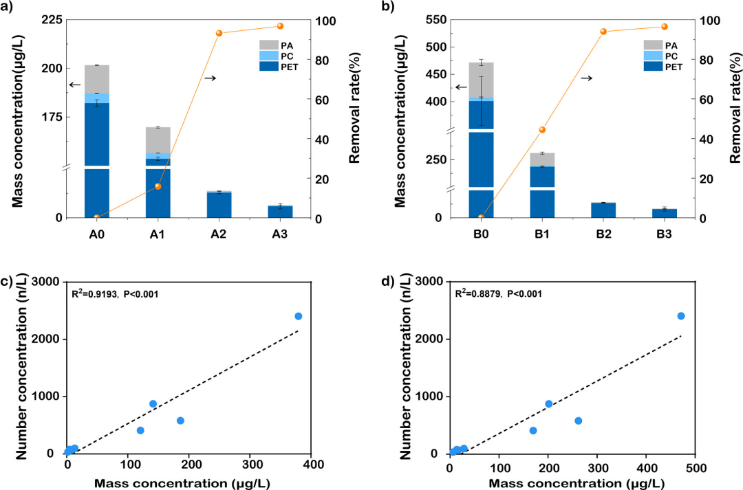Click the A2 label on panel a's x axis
tap(219, 234)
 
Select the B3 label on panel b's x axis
tap(664, 234)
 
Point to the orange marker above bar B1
tap(542, 130)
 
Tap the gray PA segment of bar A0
tap(97, 79)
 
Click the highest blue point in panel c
tap(299, 316)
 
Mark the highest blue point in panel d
tap(681, 316)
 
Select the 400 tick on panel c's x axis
tap(311, 465)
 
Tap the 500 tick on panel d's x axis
tap(695, 465)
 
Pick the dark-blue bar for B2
tap(603, 210)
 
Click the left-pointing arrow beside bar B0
tap(462, 87)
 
